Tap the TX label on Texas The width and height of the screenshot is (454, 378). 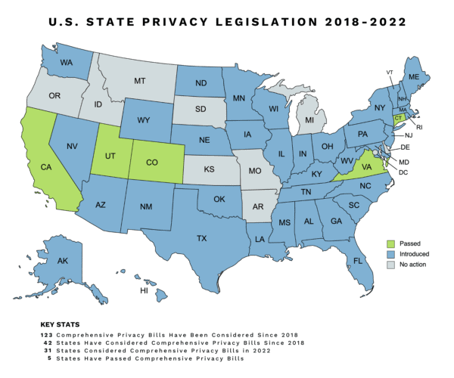point(201,238)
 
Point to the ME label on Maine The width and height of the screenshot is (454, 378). point(414,76)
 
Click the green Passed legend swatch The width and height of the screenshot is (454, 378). point(390,243)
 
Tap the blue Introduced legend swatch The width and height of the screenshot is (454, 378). point(390,256)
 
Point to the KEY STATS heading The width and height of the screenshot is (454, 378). point(60,324)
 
